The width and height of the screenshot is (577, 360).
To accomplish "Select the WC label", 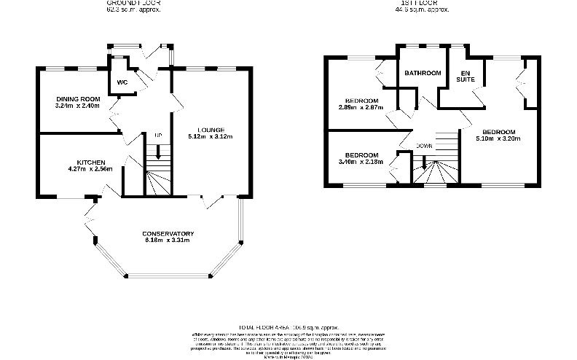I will [122, 82].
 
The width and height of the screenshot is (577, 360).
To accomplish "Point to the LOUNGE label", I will [210, 130].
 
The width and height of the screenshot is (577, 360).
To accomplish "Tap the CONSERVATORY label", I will [167, 233].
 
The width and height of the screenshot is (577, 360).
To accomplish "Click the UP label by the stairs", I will [157, 136].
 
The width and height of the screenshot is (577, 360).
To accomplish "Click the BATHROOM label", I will [423, 73].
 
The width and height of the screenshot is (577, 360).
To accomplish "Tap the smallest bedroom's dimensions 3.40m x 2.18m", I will [361, 161].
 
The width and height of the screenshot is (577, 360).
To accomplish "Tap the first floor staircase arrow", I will [423, 166].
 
